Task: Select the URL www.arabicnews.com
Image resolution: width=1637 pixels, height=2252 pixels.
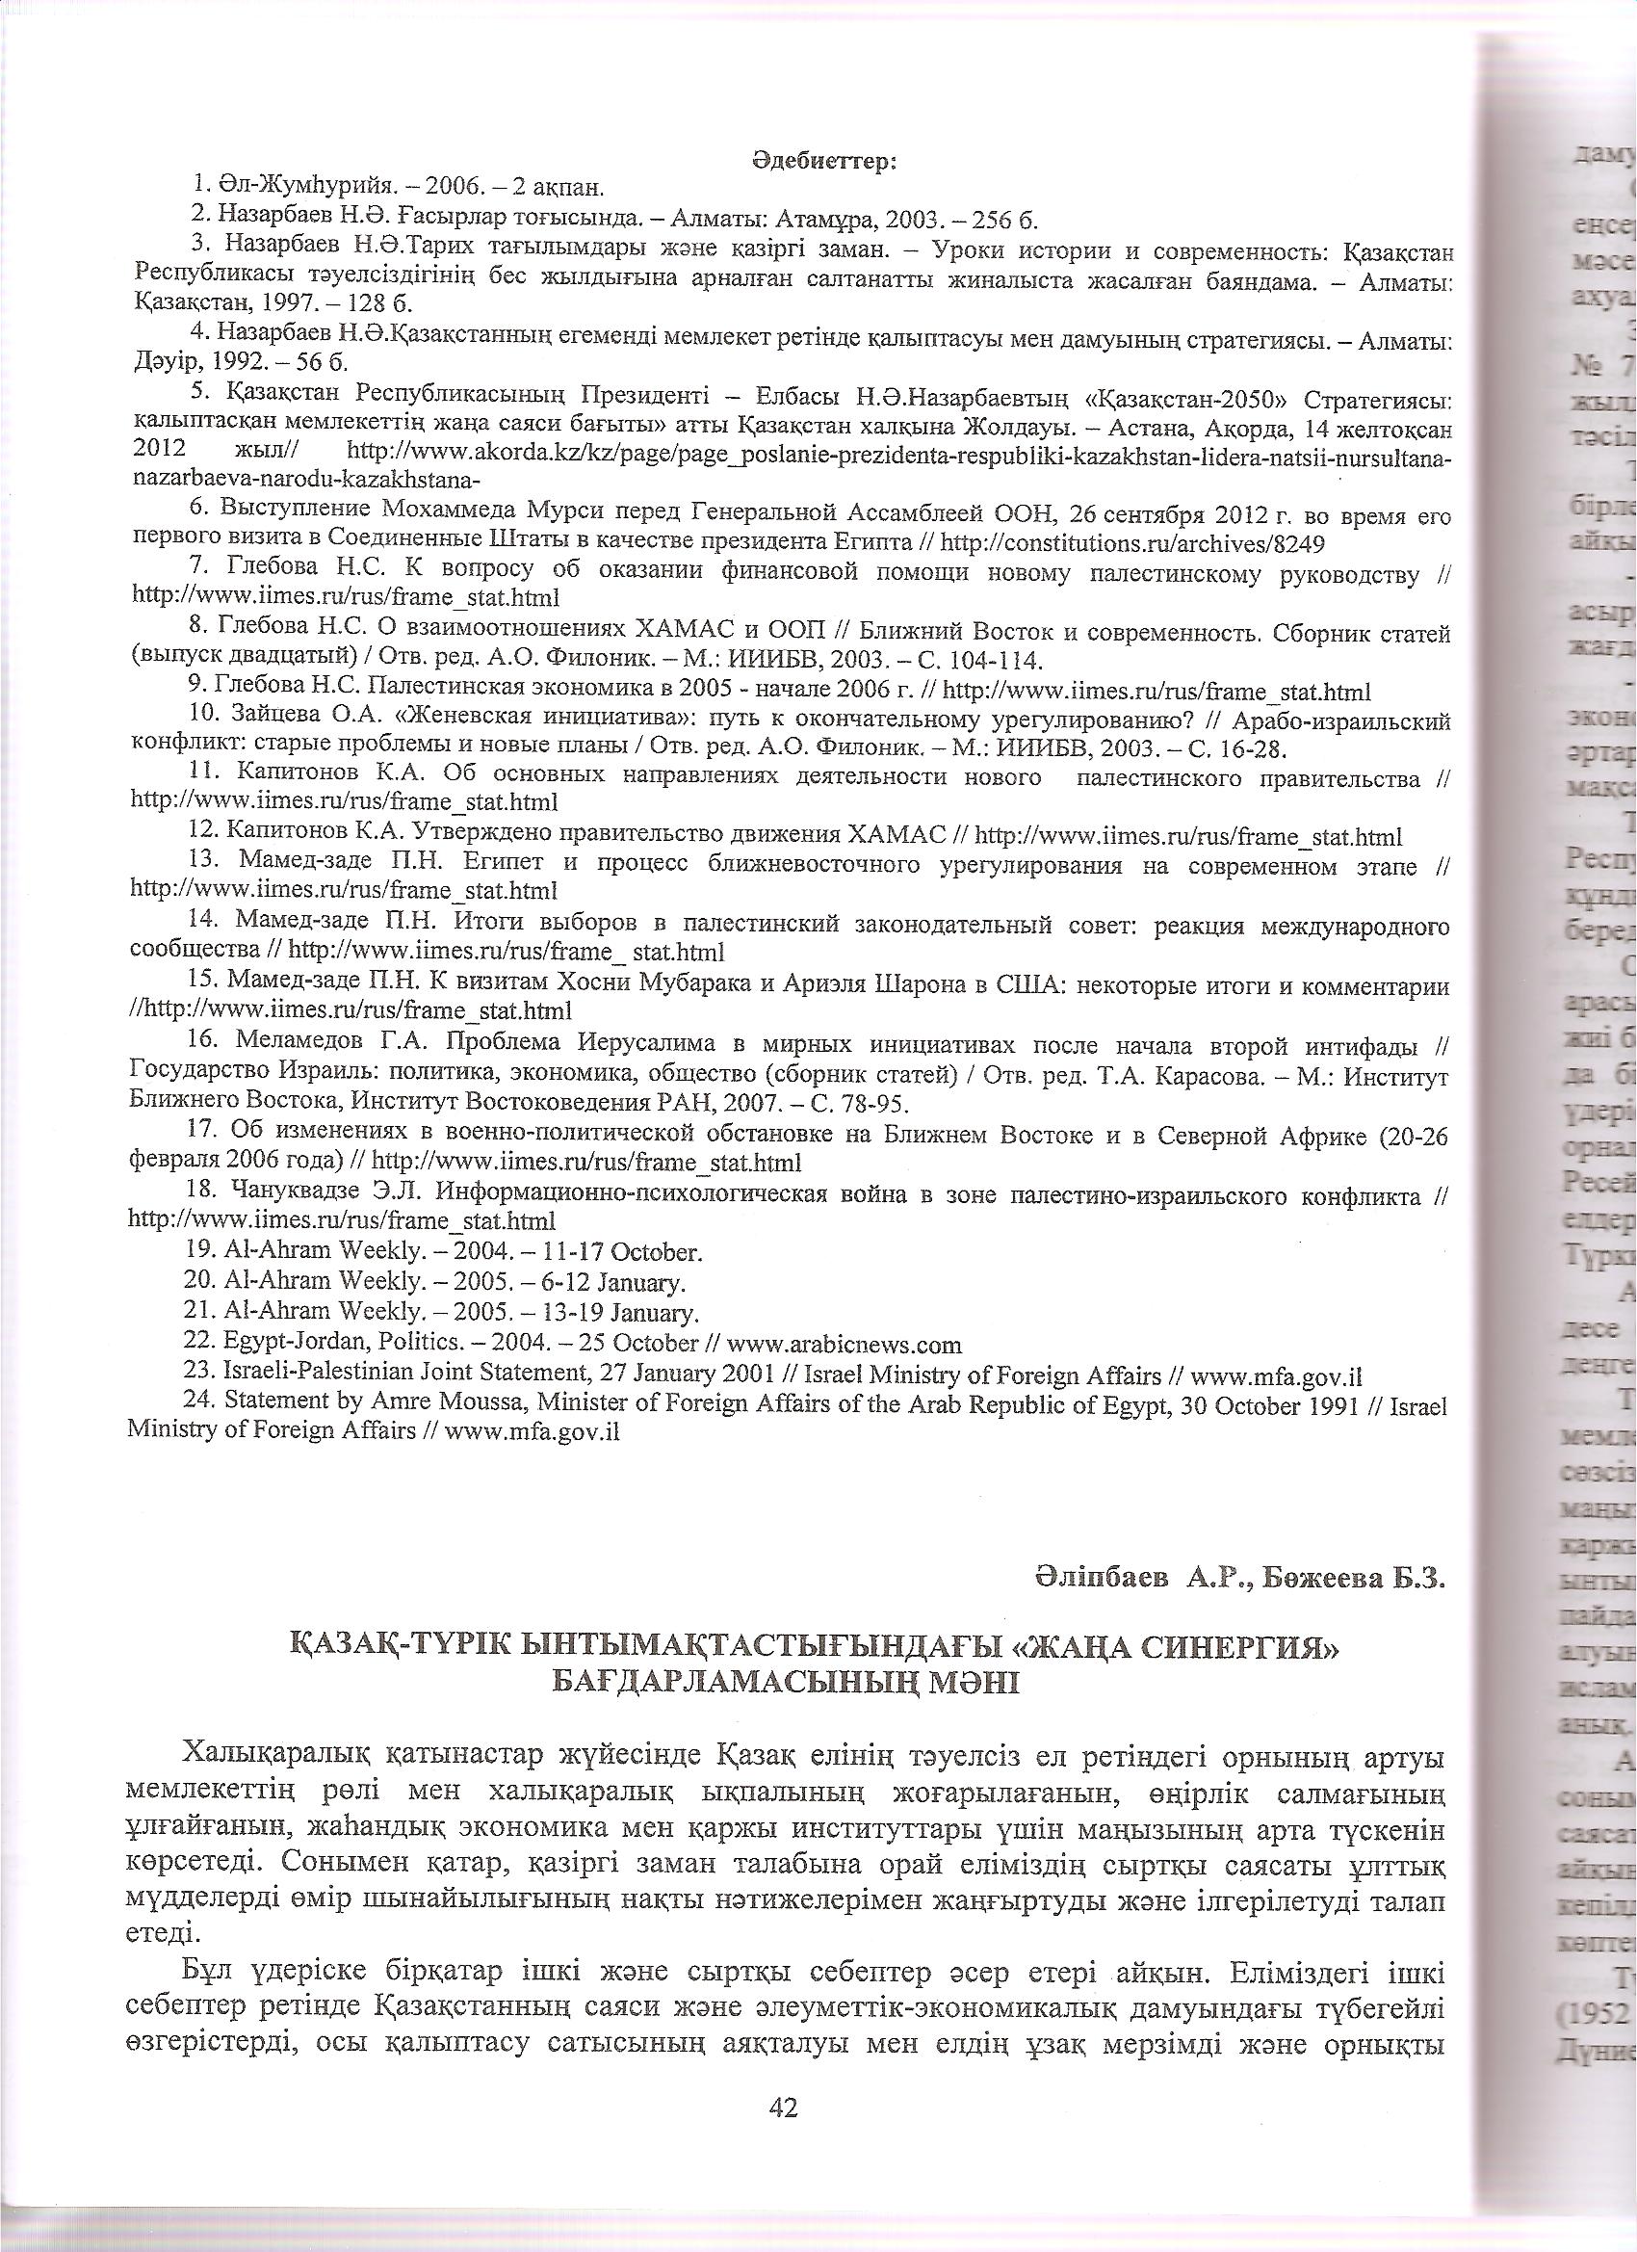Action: pyautogui.click(x=844, y=1345)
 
